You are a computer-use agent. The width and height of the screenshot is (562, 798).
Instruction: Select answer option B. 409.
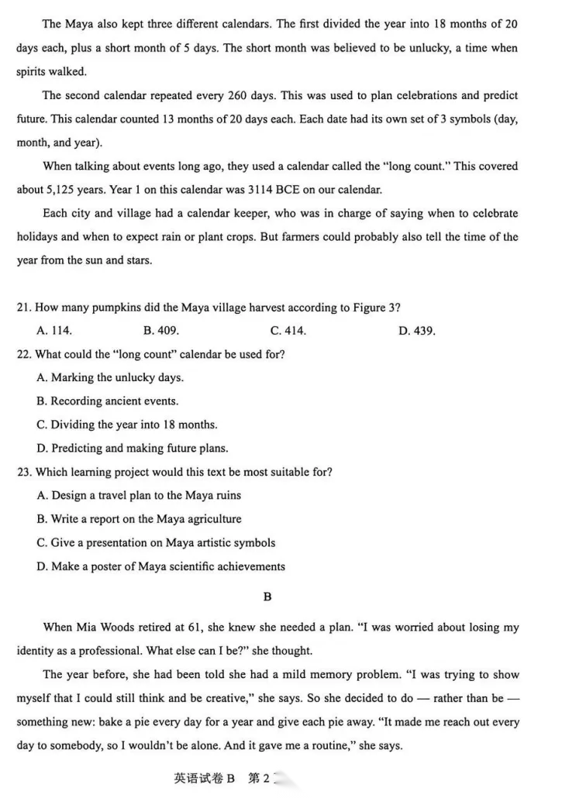161,331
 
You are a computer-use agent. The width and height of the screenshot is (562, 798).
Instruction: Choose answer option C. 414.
288,331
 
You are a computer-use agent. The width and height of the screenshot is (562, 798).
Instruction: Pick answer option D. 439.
416,331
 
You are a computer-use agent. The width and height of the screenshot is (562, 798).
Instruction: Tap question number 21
23,308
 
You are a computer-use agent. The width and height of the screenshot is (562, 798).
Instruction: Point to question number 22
23,354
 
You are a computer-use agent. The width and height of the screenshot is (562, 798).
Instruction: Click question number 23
23,472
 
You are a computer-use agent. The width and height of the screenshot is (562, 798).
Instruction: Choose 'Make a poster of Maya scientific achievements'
160,566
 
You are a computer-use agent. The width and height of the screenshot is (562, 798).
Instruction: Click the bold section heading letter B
267,597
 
